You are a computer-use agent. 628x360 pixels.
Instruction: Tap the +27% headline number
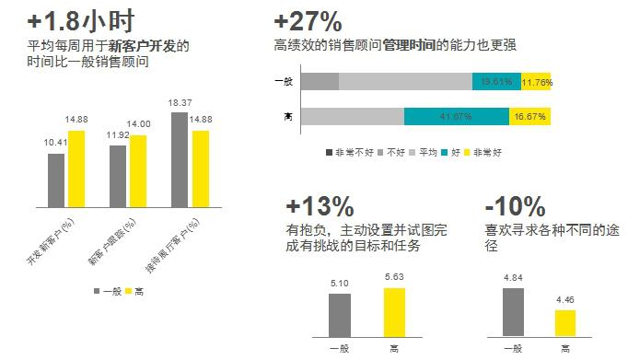pos(308,19)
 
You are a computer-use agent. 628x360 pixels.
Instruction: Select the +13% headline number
pos(320,205)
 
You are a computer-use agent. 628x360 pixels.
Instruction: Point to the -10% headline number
pos(516,205)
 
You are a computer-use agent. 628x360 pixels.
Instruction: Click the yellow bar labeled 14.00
pos(138,172)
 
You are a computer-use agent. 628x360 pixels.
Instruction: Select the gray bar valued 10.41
pos(56,181)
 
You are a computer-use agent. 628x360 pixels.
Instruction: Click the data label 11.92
pos(118,134)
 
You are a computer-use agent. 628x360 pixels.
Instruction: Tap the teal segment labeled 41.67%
pos(456,117)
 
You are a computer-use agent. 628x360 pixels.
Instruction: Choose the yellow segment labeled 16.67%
pos(529,117)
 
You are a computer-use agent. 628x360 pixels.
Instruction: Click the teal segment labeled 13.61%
pos(496,82)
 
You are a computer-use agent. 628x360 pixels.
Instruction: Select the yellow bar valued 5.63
pos(394,314)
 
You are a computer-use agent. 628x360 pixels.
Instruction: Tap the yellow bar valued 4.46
pos(564,325)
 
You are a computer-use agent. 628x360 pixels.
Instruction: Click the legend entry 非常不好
pos(346,151)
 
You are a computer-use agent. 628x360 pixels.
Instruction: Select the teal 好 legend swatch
pos(444,151)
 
